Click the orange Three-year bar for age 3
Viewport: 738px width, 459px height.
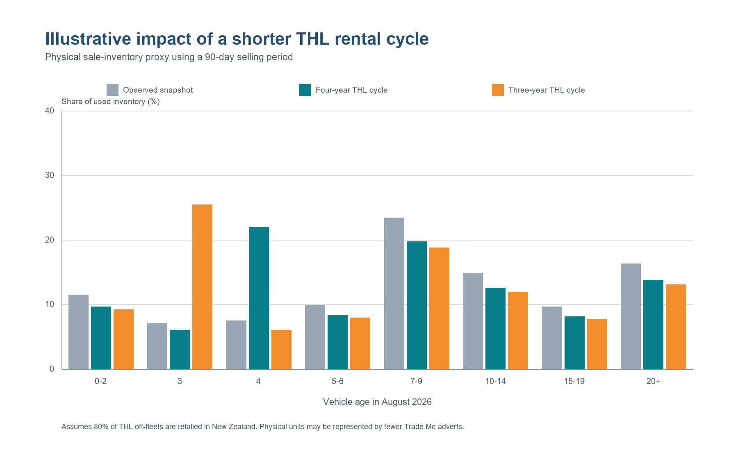202,287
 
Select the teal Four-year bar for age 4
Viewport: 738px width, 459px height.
259,298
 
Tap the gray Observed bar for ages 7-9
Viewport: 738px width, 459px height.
394,293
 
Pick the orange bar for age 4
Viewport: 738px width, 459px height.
281,350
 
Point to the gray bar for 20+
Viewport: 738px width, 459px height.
631,316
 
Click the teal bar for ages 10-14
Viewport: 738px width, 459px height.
495,328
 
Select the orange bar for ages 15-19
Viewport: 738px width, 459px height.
597,344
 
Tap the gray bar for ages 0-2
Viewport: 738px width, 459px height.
78,332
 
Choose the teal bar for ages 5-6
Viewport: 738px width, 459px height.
337,342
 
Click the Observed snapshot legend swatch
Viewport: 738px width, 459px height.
112,90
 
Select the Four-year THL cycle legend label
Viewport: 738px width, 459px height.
351,90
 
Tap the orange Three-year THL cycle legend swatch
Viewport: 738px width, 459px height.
498,90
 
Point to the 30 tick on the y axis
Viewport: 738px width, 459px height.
50,175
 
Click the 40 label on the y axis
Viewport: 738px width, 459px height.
50,111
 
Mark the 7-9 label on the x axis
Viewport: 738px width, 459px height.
416,381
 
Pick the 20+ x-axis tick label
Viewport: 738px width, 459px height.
653,381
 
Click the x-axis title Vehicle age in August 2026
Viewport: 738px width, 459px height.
377,402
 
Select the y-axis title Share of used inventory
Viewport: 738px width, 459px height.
110,101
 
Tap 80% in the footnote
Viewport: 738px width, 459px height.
101,427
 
